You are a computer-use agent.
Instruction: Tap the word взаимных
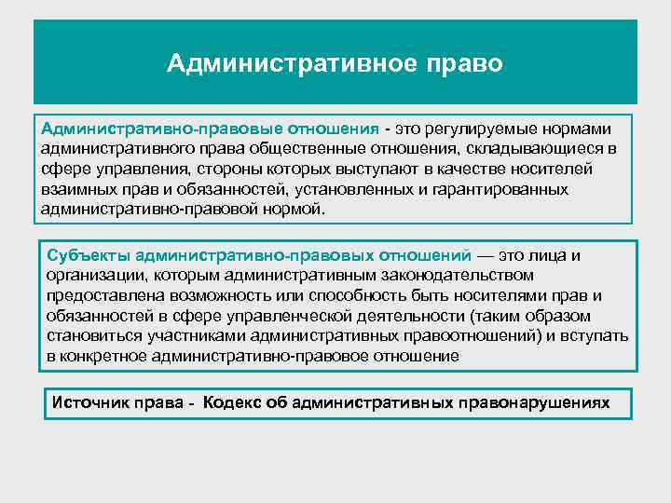tap(80, 189)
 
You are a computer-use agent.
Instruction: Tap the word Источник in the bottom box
tap(89, 402)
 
